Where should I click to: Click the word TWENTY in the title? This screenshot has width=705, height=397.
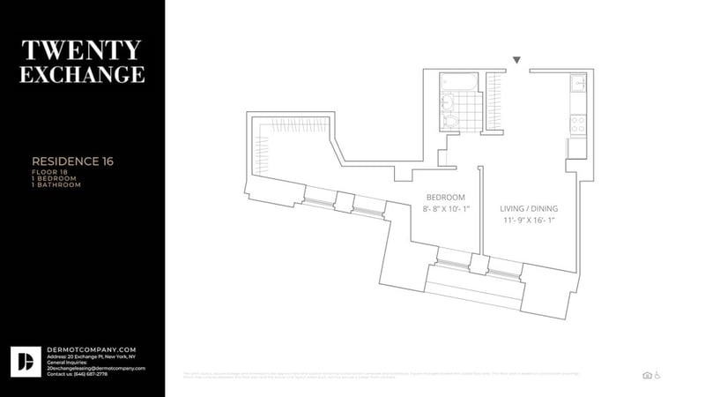point(83,49)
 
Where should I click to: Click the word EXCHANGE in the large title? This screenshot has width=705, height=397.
point(83,75)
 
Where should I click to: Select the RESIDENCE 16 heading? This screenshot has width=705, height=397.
point(72,161)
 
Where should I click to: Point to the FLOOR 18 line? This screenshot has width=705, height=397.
point(50,171)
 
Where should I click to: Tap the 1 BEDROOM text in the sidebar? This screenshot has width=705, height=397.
point(55,178)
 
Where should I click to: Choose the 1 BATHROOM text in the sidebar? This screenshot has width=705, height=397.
point(56,185)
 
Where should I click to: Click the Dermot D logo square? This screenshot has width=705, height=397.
point(25,361)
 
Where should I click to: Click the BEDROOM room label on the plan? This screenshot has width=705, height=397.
point(445,197)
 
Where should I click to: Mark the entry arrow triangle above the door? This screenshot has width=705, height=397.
point(517,61)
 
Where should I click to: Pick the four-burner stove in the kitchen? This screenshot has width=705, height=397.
point(578,124)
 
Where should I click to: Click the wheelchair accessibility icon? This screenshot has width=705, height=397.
point(657,375)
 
